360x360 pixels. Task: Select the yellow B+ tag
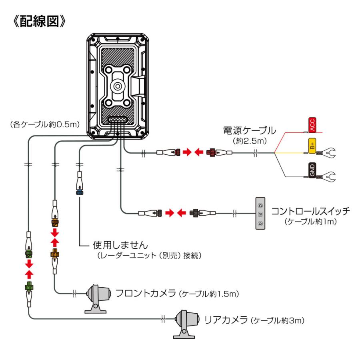click(312, 146)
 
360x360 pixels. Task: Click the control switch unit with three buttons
click(260, 213)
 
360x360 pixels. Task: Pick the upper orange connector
click(55, 220)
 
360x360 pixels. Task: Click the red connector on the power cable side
click(211, 152)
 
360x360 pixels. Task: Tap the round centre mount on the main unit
click(117, 85)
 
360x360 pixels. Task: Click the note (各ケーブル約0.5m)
click(44, 125)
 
